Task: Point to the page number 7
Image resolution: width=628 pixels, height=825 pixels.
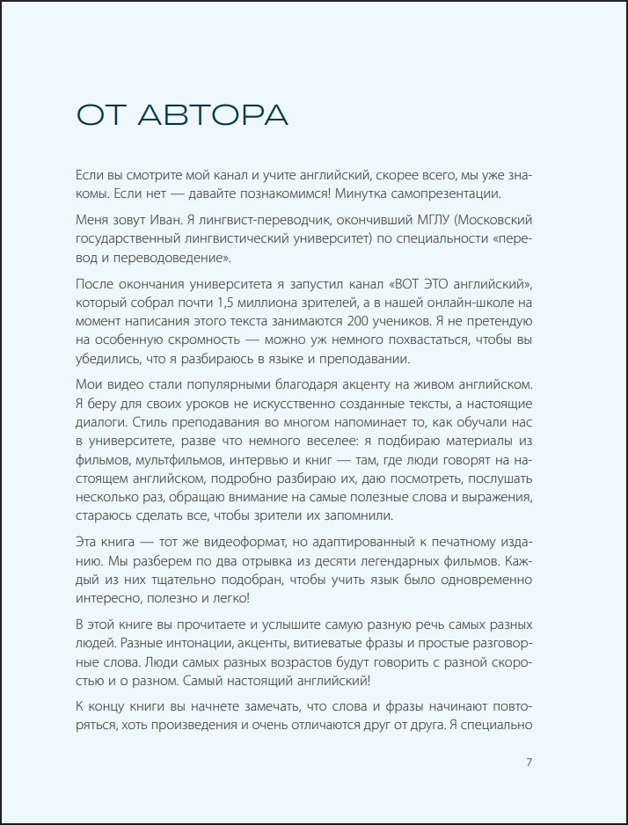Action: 529,763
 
